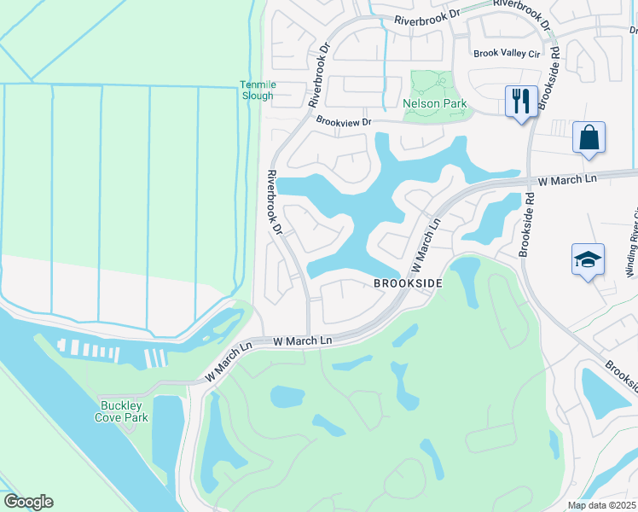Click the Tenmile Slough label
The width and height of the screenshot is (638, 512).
pyautogui.click(x=256, y=90)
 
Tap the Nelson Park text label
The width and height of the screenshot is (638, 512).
pyautogui.click(x=435, y=104)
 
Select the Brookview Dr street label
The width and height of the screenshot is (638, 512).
pyautogui.click(x=344, y=122)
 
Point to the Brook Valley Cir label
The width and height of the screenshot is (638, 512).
pyautogui.click(x=507, y=53)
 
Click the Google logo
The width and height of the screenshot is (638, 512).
pyautogui.click(x=28, y=502)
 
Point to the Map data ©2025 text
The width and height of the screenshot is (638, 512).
pyautogui.click(x=601, y=505)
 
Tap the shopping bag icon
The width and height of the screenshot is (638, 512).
pyautogui.click(x=589, y=137)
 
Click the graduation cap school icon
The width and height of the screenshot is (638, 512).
pyautogui.click(x=588, y=259)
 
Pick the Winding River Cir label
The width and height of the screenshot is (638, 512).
pyautogui.click(x=631, y=243)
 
